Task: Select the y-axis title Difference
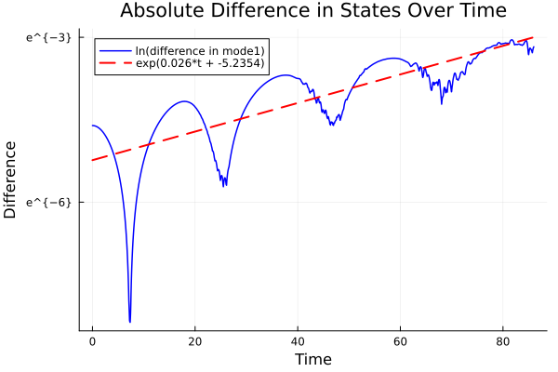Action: click(11, 179)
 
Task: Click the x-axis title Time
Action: click(312, 359)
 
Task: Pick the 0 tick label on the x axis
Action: click(92, 341)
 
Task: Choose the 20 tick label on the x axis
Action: click(194, 341)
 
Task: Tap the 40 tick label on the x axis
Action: click(298, 341)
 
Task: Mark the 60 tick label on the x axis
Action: click(400, 341)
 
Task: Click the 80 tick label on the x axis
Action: click(503, 341)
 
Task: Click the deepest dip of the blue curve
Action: click(130, 321)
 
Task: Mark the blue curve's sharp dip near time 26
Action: click(225, 185)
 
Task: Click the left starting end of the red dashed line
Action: click(92, 160)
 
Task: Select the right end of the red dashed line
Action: click(534, 37)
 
